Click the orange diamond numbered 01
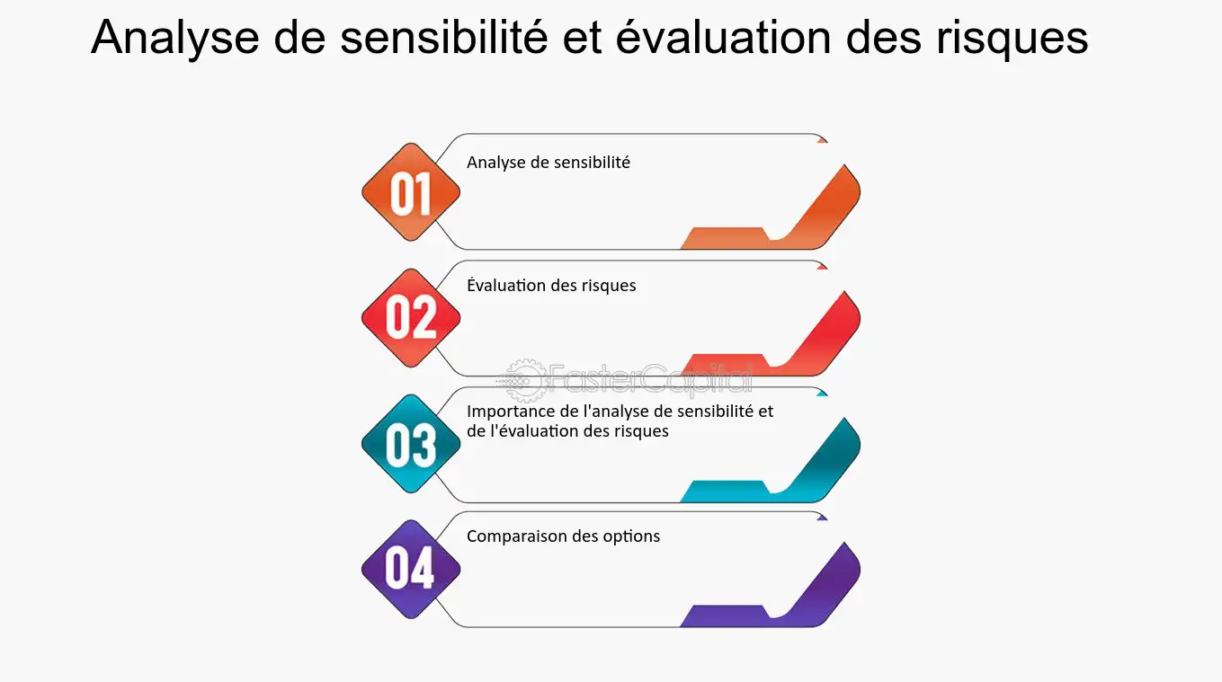tap(411, 192)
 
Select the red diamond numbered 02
tap(411, 318)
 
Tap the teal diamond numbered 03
tap(411, 444)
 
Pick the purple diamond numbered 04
tap(411, 569)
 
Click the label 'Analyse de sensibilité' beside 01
tap(549, 163)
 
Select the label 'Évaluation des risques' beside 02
tap(551, 286)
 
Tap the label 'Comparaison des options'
tap(563, 536)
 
